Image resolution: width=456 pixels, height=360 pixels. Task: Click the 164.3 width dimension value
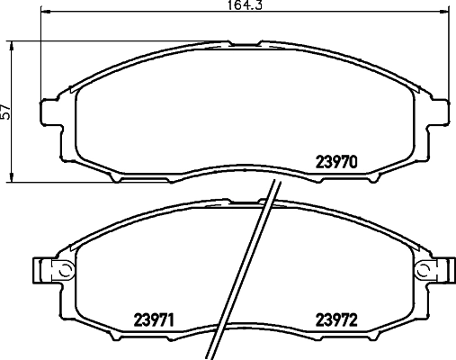point(247,5)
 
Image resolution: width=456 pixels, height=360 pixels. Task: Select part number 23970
point(337,164)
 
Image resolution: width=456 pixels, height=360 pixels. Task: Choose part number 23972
point(337,318)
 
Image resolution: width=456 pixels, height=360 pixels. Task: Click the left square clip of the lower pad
point(40,270)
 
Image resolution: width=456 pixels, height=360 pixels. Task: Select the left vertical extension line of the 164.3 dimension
point(43,54)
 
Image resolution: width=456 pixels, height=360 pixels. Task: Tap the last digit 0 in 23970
point(355,164)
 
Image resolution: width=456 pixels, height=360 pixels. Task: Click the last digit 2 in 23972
point(355,318)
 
